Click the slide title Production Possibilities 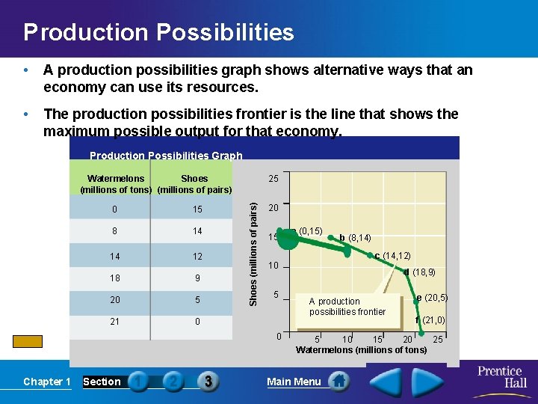158,33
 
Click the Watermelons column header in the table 116,183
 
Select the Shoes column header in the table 194,183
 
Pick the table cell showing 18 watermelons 114,278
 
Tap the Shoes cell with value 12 197,256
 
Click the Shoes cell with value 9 197,278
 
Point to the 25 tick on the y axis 274,179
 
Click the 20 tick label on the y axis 274,208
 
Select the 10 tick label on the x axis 347,340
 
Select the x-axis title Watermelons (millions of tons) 361,350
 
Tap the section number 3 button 208,382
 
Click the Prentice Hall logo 500,376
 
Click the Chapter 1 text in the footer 46,382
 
